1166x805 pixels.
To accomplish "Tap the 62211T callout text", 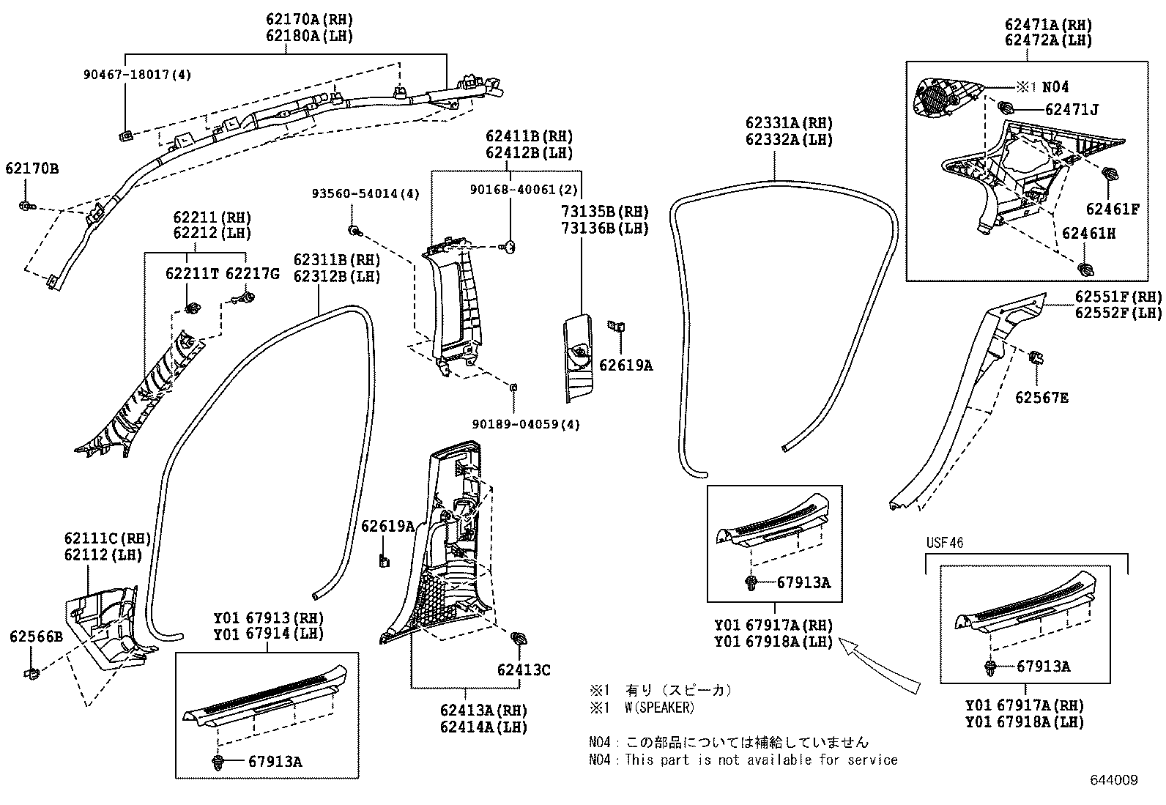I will pos(192,274).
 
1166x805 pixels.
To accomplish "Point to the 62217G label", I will pos(253,274).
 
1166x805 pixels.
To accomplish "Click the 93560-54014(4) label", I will pos(365,194).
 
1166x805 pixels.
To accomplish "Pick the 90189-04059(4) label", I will pos(526,424).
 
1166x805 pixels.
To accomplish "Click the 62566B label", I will pos(36,637).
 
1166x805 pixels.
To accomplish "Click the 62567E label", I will pos(1041,398).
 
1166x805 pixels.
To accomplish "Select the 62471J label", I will pos(1072,109).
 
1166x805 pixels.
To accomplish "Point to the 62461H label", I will pos(1088,234).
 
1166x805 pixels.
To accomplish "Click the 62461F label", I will pos(1113,209).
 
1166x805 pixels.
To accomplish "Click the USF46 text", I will pos(944,543).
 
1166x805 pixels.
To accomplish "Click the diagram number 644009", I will pos(1114,781).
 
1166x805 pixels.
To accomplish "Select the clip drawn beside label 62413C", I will pos(520,639).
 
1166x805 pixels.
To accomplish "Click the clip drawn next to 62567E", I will pos(1036,359).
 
